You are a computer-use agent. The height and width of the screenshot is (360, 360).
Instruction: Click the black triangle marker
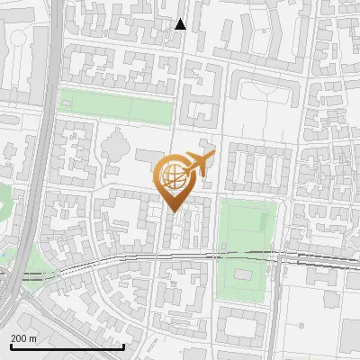click(x=181, y=24)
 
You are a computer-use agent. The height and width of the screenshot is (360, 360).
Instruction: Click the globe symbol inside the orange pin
click(x=172, y=175)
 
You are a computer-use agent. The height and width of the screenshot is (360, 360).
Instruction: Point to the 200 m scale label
click(x=23, y=337)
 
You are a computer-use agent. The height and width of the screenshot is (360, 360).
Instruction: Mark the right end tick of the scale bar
click(x=123, y=345)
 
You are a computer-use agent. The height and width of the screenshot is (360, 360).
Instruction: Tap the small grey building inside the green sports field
click(x=242, y=272)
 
